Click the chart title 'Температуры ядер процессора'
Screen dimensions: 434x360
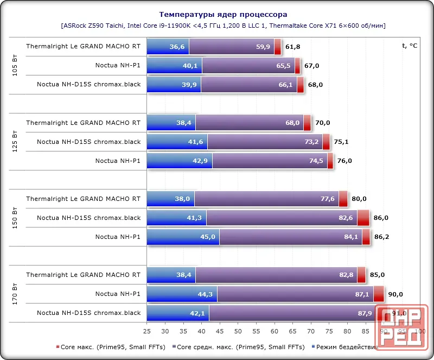pyautogui.click(x=223, y=15)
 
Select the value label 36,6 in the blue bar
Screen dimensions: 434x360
pyautogui.click(x=177, y=47)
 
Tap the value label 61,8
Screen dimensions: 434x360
pyautogui.click(x=293, y=47)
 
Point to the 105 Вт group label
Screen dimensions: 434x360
pyautogui.click(x=15, y=65)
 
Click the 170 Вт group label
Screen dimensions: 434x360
pyautogui.click(x=15, y=294)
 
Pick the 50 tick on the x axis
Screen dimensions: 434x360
pyautogui.click(x=238, y=331)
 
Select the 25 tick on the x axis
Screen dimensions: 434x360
pyautogui.click(x=147, y=331)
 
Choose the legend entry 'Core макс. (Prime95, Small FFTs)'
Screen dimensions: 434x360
pyautogui.click(x=111, y=347)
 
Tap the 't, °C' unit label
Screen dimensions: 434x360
pyautogui.click(x=410, y=46)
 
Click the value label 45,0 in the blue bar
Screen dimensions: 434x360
pyautogui.click(x=208, y=237)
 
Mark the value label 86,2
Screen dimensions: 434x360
pyautogui.click(x=382, y=237)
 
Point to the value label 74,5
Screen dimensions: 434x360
pyautogui.click(x=316, y=161)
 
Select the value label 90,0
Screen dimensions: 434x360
pyautogui.click(x=395, y=294)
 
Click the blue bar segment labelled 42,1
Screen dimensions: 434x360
pyautogui.click(x=178, y=313)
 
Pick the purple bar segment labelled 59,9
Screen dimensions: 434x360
pyautogui.click(x=232, y=47)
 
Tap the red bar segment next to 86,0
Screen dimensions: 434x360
pyautogui.click(x=363, y=218)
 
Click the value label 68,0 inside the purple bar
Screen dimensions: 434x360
pyautogui.click(x=292, y=123)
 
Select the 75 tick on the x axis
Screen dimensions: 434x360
pyautogui.click(x=329, y=331)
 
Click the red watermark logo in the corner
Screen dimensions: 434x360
pyautogui.click(x=401, y=327)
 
